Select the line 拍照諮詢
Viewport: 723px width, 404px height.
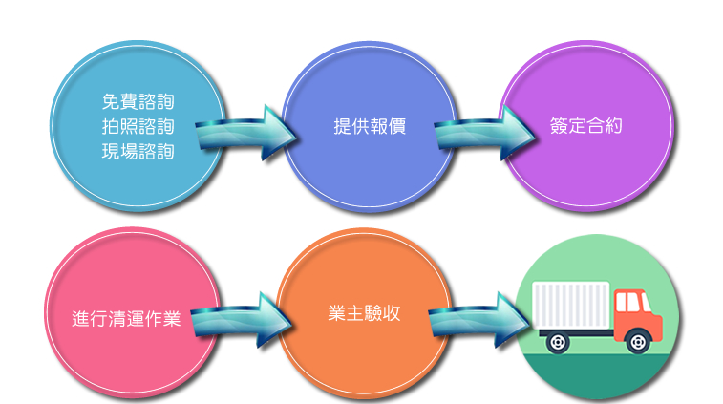[x=138, y=126]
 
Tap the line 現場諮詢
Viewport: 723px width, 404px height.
[x=138, y=150]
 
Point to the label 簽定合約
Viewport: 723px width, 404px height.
[x=586, y=125]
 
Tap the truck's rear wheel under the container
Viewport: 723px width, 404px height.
[x=552, y=338]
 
